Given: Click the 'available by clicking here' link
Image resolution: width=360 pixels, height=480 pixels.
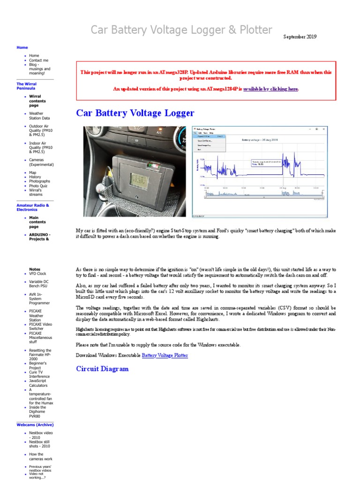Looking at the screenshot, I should pos(270,89).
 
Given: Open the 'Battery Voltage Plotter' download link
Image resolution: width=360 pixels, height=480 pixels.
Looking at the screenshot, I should pos(165,355).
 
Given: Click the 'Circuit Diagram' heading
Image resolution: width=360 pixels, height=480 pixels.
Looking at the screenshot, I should pos(102,369).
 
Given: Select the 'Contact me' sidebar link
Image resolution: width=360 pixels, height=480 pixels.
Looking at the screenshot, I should pos(38,60).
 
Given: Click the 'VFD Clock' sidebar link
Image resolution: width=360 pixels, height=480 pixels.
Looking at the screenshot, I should pos(37,273).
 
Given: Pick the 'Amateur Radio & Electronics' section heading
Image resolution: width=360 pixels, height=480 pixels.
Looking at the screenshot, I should pos(33,208).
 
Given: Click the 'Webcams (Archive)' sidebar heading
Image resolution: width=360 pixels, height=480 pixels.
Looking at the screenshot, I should pos(35,424).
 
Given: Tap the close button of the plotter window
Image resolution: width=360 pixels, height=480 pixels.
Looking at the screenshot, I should pos(325,129).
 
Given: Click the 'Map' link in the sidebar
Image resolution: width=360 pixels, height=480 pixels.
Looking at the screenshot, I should pos(32,172).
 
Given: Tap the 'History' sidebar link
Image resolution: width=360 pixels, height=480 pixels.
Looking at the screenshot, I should pos(35,177).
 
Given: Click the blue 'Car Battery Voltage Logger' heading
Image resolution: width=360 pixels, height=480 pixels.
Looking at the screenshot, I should pos(135,113).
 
